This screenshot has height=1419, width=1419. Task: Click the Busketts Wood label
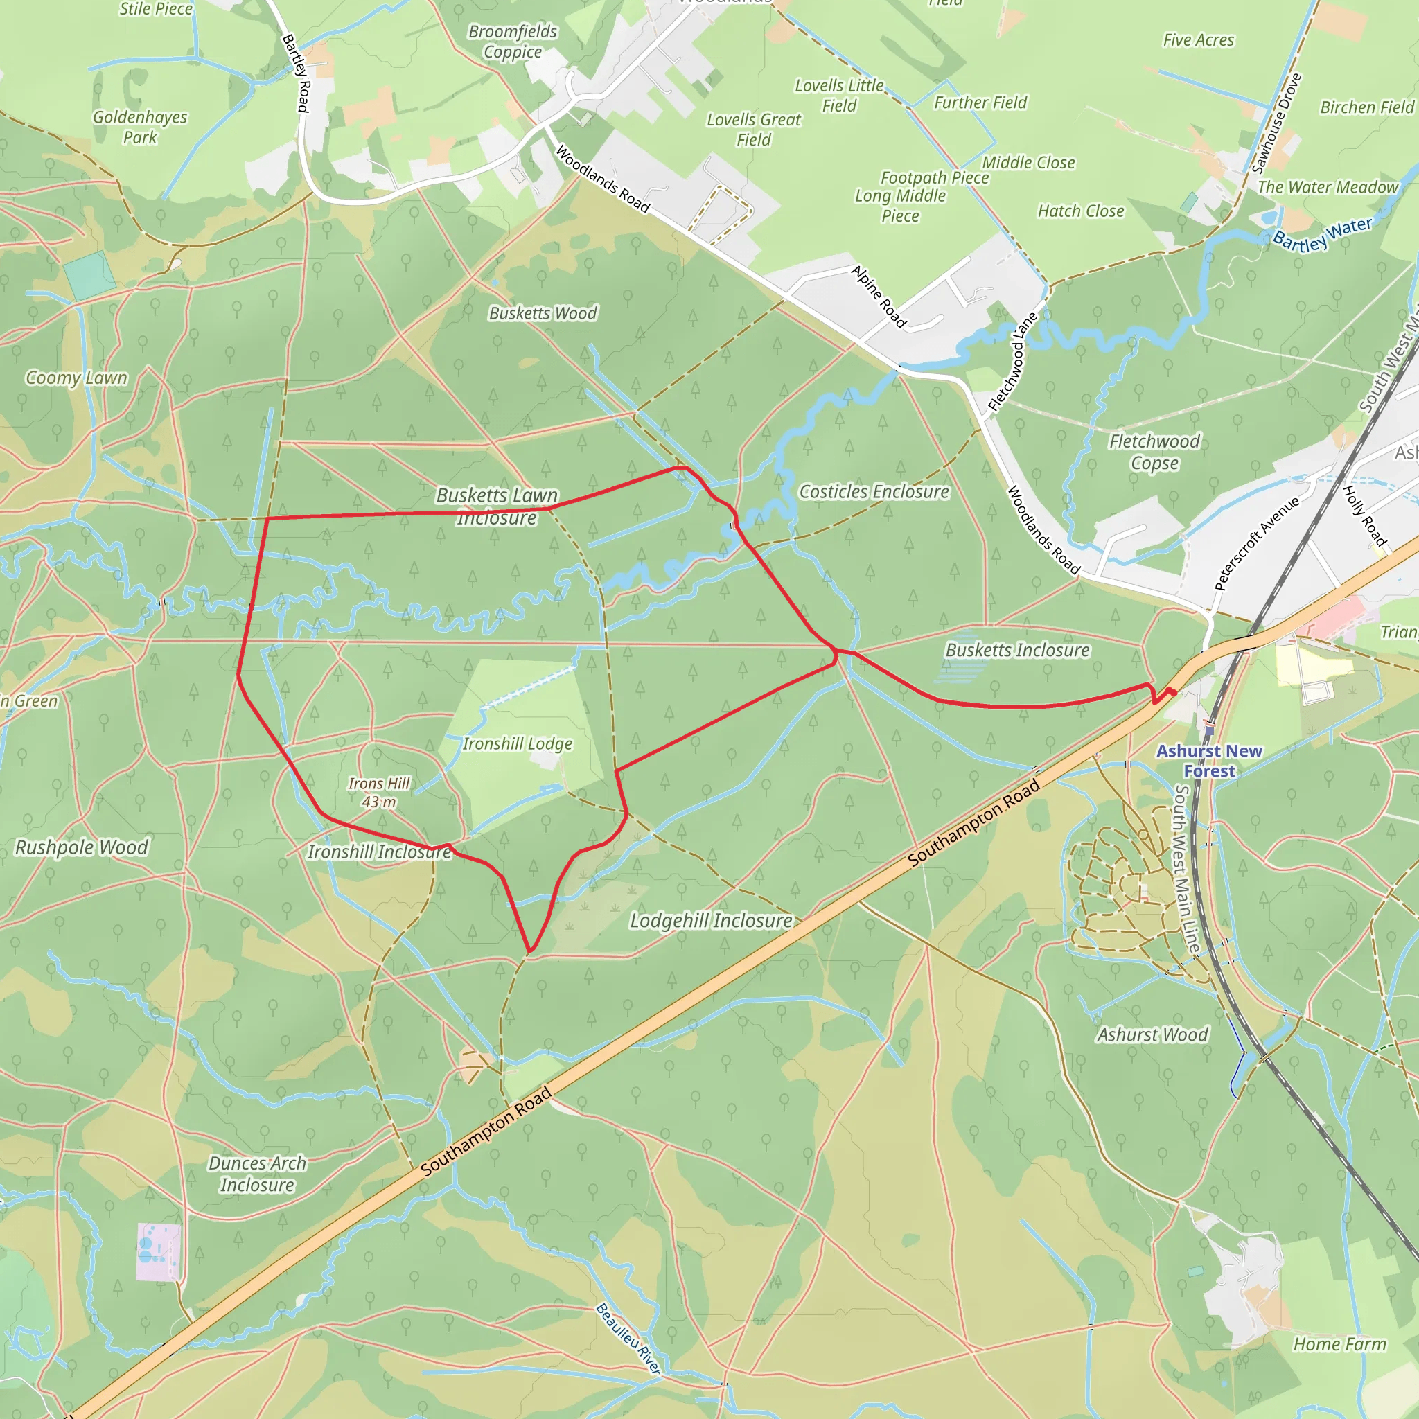543,314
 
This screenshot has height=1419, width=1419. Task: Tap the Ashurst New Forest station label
1208,761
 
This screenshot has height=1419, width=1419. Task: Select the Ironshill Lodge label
517,744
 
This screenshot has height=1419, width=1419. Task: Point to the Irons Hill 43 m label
378,793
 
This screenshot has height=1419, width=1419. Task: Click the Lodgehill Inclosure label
711,921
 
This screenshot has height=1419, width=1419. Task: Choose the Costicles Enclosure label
873,492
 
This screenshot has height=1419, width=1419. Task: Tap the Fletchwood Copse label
1154,452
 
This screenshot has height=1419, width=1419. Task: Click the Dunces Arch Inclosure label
257,1174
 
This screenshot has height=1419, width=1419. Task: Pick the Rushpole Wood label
82,847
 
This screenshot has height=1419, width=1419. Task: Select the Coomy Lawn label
76,378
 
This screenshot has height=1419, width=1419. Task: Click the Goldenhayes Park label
139,127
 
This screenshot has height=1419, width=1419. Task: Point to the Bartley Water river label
1321,234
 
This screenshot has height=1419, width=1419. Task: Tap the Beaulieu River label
628,1338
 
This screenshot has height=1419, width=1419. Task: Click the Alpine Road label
879,296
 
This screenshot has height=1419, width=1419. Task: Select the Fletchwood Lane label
1013,362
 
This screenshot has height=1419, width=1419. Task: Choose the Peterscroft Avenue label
1257,543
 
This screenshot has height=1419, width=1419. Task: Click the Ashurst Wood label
1152,1035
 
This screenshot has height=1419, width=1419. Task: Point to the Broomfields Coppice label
513,42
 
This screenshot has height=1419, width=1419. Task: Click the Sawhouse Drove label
1276,123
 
